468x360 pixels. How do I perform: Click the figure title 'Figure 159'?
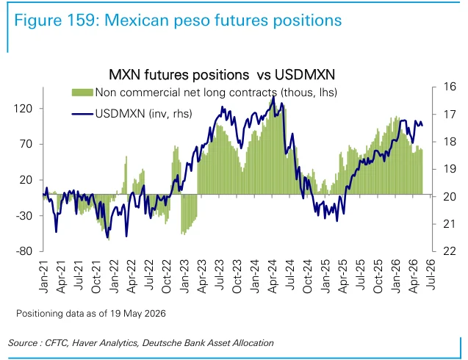[x=55, y=21]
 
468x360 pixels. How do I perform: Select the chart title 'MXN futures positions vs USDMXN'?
[x=222, y=75]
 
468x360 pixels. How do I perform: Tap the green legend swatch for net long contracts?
[x=82, y=93]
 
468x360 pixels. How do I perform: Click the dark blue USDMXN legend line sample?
[x=82, y=114]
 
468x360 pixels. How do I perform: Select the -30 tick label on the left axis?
[x=24, y=215]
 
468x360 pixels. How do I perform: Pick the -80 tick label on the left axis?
[x=24, y=251]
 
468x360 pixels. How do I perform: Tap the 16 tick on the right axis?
[x=450, y=87]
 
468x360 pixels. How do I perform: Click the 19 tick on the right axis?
[x=450, y=169]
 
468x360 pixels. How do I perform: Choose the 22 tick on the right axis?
[x=450, y=251]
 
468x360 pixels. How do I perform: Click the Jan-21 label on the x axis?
[x=43, y=276]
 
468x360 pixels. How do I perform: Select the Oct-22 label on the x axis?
[x=167, y=276]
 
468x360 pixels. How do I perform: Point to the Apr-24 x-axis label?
[x=272, y=276]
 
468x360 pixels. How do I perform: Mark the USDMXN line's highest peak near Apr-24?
[x=274, y=96]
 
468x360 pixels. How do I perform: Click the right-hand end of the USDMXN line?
[x=422, y=126]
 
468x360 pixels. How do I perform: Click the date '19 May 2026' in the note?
[x=138, y=314]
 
